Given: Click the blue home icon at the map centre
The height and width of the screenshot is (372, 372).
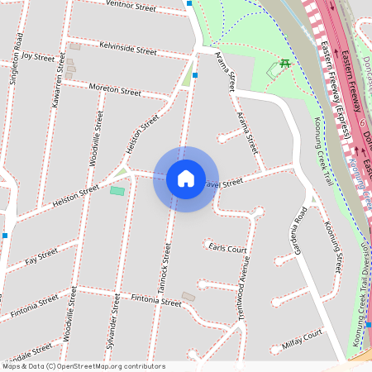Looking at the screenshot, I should coord(186,179).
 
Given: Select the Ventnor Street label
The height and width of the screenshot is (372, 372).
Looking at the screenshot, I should coord(131,7).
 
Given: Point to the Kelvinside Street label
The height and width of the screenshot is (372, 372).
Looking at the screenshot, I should coord(127,49).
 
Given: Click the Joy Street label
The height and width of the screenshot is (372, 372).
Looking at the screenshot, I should coord(38,57).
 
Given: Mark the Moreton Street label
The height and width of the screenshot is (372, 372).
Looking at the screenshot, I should coord(115,89).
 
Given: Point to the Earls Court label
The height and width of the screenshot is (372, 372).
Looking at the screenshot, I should coord(227,248).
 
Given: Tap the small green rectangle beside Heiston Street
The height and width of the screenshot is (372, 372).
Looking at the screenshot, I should coord(117,191).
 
